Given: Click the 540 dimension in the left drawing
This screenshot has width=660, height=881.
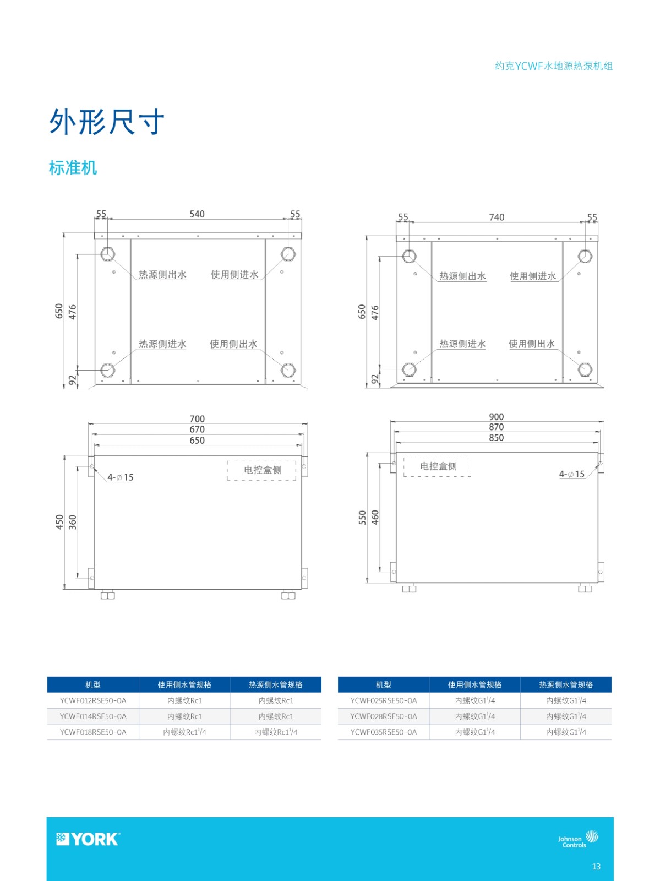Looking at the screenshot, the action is tap(197, 214).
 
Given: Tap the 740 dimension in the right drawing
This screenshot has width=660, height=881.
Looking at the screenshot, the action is tap(497, 217).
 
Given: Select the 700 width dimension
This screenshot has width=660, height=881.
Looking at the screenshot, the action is tap(197, 418).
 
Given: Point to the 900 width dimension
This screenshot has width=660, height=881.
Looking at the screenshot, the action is tap(497, 417).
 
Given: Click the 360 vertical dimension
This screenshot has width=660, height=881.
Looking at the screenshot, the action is tap(72, 522).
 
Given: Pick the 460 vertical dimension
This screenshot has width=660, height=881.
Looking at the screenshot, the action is tap(375, 518).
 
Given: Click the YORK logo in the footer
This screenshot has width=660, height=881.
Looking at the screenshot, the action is tap(88, 839).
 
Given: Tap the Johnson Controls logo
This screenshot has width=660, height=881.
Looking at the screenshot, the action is tap(578, 839).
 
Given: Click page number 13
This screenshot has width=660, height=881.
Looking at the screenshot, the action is tap(596, 867).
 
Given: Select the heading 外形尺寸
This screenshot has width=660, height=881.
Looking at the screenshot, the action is tap(107, 122).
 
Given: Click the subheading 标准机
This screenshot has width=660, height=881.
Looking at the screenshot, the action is tap(73, 167).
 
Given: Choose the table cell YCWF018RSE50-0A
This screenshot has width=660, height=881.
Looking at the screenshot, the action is tap(93, 732).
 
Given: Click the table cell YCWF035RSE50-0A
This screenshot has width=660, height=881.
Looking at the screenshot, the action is tap(384, 732).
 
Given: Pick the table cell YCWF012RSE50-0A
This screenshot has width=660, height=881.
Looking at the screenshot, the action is tap(93, 700).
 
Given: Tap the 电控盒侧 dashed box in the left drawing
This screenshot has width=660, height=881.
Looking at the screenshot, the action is tap(261, 470).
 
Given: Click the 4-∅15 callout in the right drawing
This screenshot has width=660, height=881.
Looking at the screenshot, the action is tap(572, 474).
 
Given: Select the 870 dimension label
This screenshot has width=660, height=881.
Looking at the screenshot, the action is tap(497, 427).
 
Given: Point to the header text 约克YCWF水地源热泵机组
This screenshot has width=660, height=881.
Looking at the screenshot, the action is tap(554, 66).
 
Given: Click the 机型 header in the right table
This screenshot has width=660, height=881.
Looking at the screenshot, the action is tap(384, 685).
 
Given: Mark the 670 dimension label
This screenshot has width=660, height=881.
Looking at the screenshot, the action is tap(197, 429).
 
